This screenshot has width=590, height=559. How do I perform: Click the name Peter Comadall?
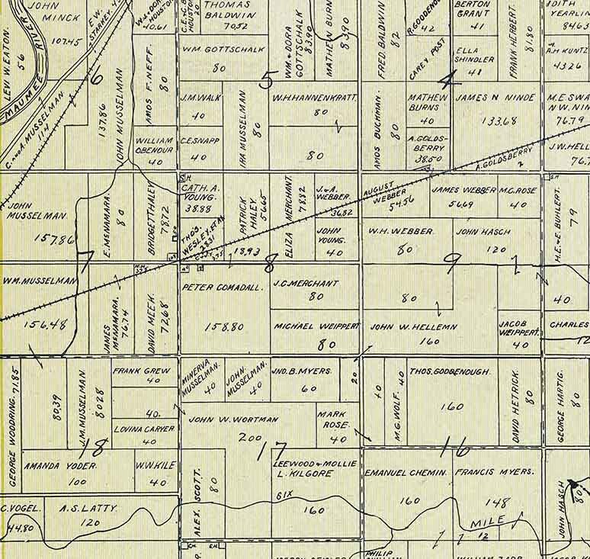223,288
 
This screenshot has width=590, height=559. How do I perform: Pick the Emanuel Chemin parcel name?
405,474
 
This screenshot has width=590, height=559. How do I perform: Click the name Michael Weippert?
316,326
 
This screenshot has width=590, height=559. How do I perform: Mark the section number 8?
268,265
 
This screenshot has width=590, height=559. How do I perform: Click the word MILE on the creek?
488,524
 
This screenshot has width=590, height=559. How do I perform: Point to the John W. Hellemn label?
414,327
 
